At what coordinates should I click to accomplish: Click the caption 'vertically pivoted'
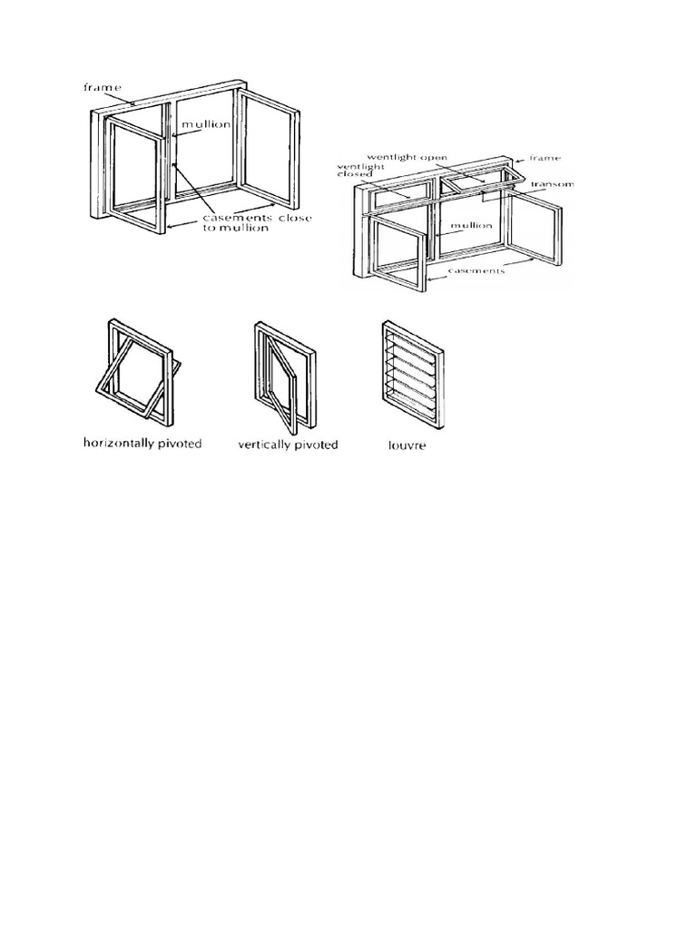click(x=287, y=445)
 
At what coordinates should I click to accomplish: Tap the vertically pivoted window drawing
click(x=287, y=372)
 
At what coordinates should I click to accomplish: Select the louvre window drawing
click(x=409, y=371)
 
